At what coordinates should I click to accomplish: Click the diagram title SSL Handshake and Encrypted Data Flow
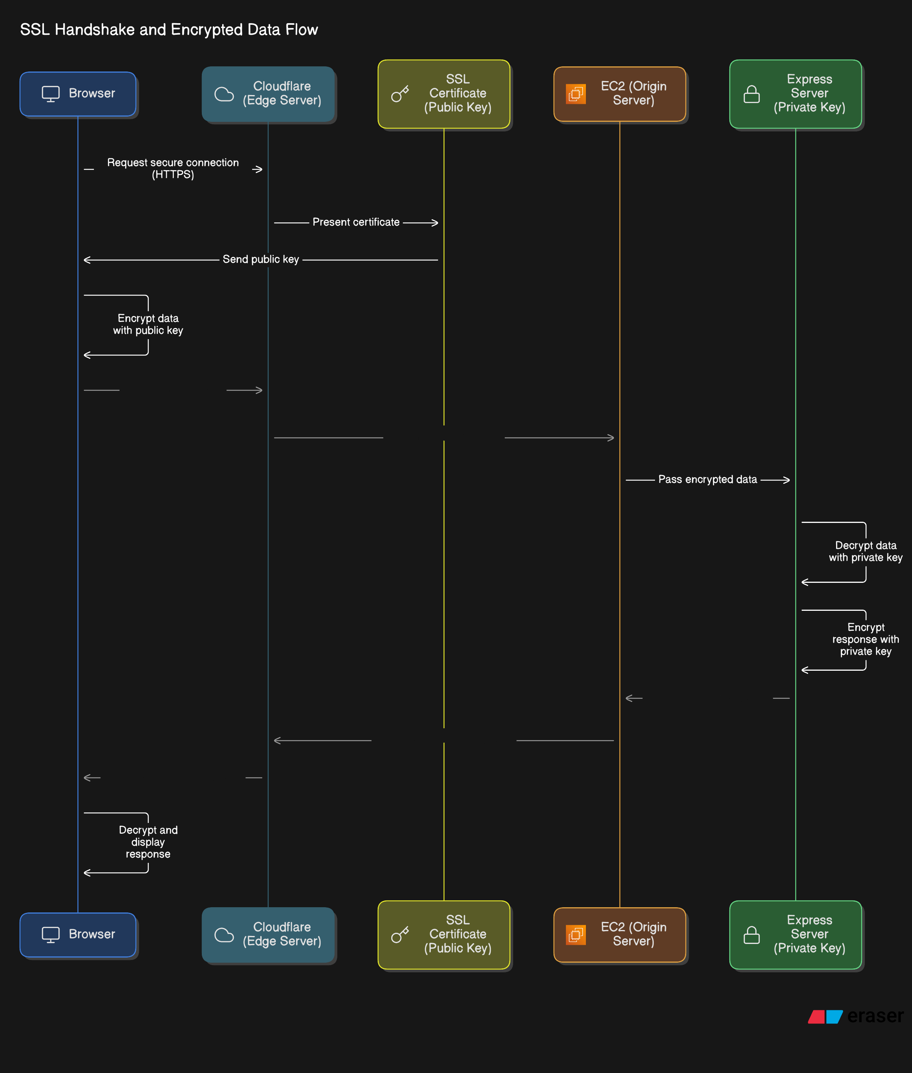point(169,30)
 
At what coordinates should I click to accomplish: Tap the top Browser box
point(78,93)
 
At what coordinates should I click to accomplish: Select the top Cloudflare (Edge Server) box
point(268,93)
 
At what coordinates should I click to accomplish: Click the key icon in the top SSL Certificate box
point(400,94)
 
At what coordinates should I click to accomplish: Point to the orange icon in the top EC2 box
point(575,94)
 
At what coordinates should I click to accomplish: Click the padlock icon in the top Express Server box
point(751,94)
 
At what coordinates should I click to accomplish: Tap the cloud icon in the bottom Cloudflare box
point(224,935)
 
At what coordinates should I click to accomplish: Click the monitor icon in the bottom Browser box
point(51,934)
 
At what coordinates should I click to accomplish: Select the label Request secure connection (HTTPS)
point(173,169)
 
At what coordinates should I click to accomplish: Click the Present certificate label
point(356,222)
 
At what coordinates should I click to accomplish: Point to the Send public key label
point(261,260)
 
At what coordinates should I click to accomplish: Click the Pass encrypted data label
point(707,480)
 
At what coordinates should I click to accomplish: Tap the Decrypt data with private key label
point(866,552)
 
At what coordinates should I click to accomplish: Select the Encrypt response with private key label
point(866,639)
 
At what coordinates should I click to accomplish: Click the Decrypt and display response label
point(148,842)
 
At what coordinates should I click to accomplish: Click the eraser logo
point(856,1016)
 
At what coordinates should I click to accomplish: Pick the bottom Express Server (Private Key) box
point(795,934)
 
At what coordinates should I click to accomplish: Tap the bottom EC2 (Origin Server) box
point(619,934)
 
